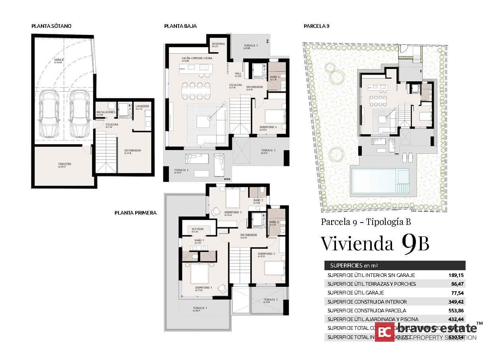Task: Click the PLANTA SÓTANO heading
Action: pos(51,26)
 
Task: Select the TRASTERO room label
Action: pos(64,164)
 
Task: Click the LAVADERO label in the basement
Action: pos(142,106)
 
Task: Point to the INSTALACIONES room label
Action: pos(106,112)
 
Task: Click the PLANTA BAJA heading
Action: pos(180,26)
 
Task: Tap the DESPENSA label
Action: pos(218,44)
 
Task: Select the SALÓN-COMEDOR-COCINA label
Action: pos(197,58)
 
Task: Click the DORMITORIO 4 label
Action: pos(268,128)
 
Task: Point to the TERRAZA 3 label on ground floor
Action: pos(268,150)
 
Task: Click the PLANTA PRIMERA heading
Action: pos(135,213)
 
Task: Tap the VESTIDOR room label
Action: pos(198,229)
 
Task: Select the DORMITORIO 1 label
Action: pos(204,287)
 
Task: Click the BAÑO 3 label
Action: pos(257,200)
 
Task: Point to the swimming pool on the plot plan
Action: pos(380,180)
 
